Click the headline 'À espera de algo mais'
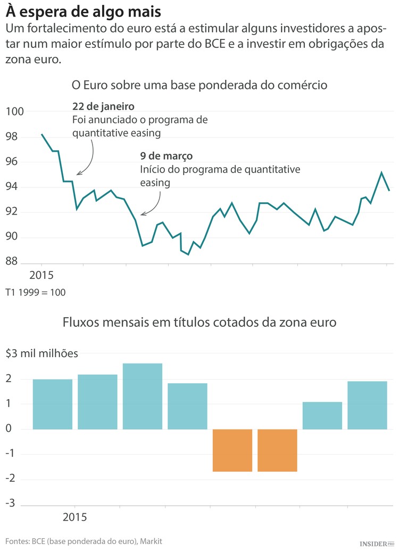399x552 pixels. click(x=84, y=11)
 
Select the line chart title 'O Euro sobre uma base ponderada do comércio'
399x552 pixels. click(x=199, y=85)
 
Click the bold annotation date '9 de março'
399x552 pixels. click(x=166, y=156)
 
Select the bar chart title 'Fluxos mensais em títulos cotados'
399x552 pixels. click(x=199, y=323)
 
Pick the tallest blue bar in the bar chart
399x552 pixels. click(x=142, y=396)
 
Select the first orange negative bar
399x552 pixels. click(x=232, y=450)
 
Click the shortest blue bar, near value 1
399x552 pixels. click(x=322, y=415)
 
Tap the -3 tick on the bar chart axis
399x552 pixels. click(x=10, y=504)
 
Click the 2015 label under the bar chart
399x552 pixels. click(x=74, y=517)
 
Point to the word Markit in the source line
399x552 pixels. click(x=151, y=541)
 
